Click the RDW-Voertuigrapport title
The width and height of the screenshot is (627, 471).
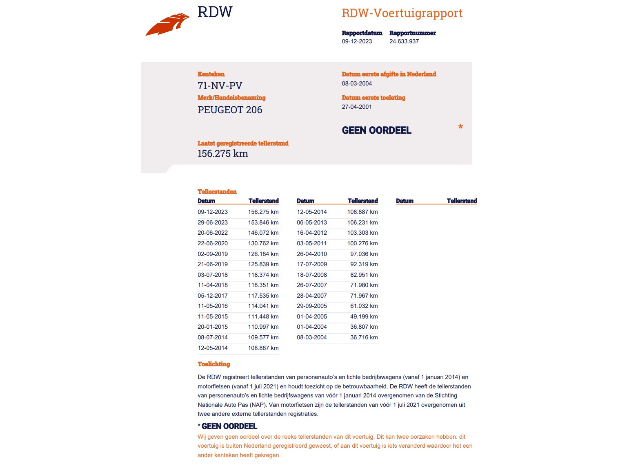click(402, 13)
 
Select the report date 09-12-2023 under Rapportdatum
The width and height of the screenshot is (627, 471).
click(357, 41)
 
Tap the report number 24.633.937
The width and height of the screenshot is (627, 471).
click(404, 41)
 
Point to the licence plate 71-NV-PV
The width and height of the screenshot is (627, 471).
click(220, 86)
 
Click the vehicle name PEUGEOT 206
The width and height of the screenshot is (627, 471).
click(230, 110)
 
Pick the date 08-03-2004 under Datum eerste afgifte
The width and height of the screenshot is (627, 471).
click(357, 83)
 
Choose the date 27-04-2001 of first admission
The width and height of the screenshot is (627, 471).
click(357, 107)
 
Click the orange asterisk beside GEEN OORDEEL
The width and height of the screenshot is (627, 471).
click(460, 127)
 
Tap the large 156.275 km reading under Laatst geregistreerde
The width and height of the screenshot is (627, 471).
click(223, 154)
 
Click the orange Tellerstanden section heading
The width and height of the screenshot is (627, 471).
click(217, 192)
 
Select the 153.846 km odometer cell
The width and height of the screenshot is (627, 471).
click(263, 222)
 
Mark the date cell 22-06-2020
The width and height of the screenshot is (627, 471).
click(213, 243)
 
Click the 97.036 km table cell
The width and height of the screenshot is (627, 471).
click(364, 254)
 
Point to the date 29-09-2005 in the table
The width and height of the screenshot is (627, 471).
click(312, 306)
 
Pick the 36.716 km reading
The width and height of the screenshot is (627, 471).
click(364, 337)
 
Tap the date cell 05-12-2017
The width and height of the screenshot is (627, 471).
click(213, 296)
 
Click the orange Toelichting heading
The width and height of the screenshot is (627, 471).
click(214, 364)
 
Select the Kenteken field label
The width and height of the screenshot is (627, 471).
click(211, 74)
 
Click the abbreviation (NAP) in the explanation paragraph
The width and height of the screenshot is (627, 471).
click(258, 405)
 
